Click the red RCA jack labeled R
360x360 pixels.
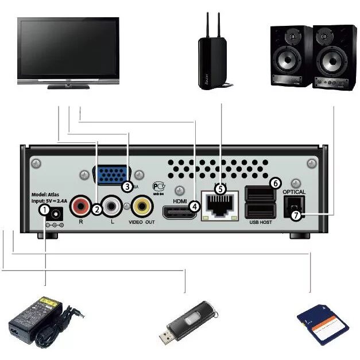pyautogui.click(x=82, y=207)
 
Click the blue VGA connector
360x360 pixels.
pyautogui.click(x=113, y=175)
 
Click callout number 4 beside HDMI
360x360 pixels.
pyautogui.click(x=195, y=206)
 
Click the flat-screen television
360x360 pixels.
pyautogui.click(x=68, y=50)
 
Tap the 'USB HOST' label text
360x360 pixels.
pyautogui.click(x=261, y=222)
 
